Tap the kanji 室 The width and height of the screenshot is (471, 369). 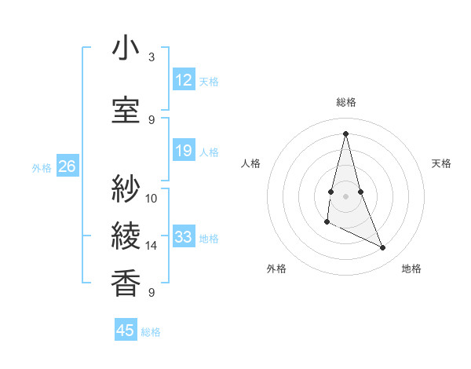click(126, 110)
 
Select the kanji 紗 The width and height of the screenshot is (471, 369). click(126, 188)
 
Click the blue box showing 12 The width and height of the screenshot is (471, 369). click(184, 80)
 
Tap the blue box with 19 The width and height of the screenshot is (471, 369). click(184, 152)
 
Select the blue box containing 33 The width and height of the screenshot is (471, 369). click(184, 237)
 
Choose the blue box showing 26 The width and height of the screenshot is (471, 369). click(67, 166)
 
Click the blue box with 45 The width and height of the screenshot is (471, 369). click(126, 331)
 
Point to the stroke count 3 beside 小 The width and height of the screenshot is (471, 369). click(152, 57)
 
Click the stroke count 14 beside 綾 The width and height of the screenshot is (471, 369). click(152, 246)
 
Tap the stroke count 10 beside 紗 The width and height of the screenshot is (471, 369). click(152, 198)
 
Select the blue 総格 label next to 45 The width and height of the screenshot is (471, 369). click(151, 332)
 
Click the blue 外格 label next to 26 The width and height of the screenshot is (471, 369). click(42, 168)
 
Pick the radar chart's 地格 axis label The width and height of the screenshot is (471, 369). click(411, 269)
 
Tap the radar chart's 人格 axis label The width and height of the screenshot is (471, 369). click(251, 163)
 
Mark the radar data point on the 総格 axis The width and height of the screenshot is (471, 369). click(345, 133)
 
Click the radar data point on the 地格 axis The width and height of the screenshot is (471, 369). click(383, 248)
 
